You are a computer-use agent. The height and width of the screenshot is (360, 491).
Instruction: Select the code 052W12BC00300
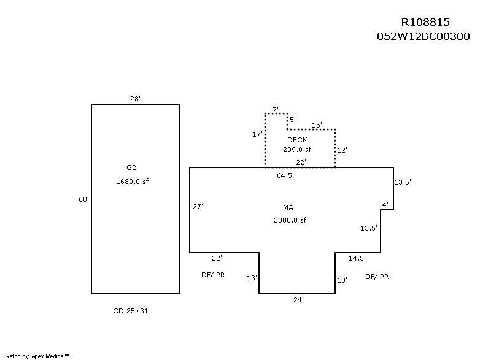pyautogui.click(x=423, y=36)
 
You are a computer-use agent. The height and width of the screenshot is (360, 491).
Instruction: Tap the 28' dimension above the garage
pyautogui.click(x=136, y=98)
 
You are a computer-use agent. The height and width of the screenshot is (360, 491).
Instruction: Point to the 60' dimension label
pyautogui.click(x=84, y=199)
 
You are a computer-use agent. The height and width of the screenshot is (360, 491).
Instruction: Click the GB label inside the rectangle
pyautogui.click(x=131, y=167)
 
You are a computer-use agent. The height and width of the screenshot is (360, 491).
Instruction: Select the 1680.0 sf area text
pyautogui.click(x=132, y=182)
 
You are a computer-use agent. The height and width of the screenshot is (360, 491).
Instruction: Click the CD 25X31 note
pyautogui.click(x=131, y=311)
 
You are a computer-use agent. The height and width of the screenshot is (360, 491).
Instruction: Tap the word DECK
pyautogui.click(x=297, y=140)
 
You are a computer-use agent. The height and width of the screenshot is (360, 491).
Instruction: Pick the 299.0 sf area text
pyautogui.click(x=297, y=150)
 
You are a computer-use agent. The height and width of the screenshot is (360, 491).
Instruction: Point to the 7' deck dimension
pyautogui.click(x=276, y=109)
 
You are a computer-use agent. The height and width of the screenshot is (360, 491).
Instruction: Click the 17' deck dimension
pyautogui.click(x=258, y=134)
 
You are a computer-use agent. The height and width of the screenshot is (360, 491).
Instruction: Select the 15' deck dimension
pyautogui.click(x=317, y=125)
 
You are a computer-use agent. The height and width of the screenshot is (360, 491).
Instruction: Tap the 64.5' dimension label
pyautogui.click(x=285, y=175)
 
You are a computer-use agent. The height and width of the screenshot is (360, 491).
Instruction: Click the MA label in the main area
pyautogui.click(x=288, y=207)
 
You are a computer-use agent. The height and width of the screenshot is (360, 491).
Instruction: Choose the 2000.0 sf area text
pyautogui.click(x=290, y=220)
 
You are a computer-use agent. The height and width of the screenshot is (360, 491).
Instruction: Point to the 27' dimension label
pyautogui.click(x=198, y=207)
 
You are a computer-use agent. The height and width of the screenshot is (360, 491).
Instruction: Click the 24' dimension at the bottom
pyautogui.click(x=298, y=300)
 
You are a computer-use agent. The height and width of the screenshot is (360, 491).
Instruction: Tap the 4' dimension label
pyautogui.click(x=385, y=204)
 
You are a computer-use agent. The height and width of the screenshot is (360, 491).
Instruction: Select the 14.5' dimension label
pyautogui.click(x=357, y=258)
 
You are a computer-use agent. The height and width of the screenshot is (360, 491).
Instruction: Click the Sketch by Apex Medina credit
pyautogui.click(x=37, y=355)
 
